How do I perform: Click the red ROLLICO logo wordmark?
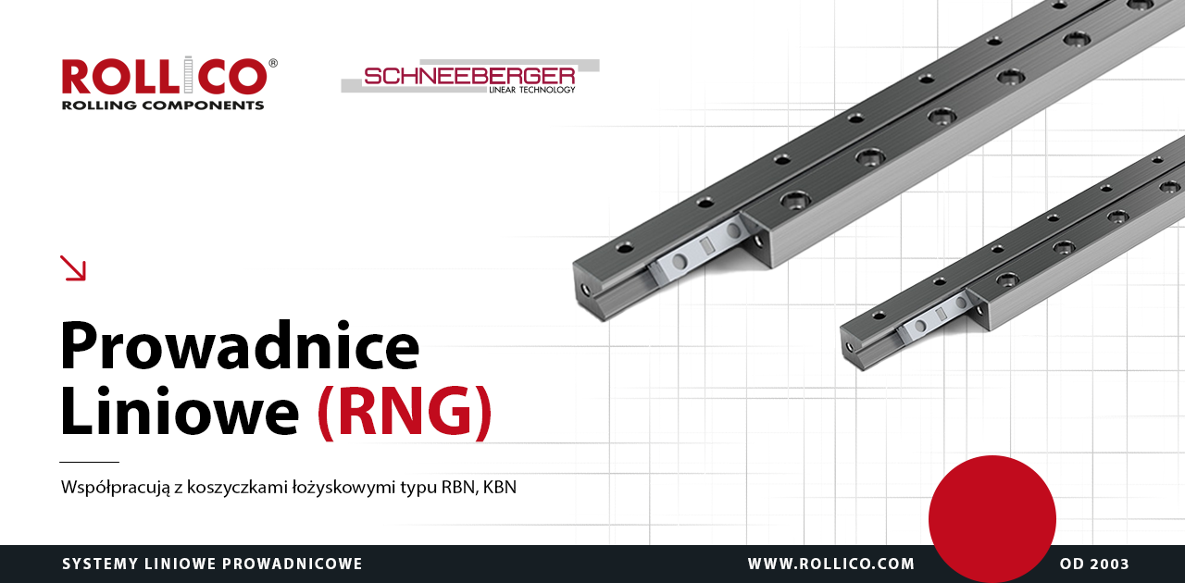[x=165, y=76]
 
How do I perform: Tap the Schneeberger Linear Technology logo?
[x=470, y=77]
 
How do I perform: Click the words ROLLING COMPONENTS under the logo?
[x=163, y=105]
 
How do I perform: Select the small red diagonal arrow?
[x=72, y=267]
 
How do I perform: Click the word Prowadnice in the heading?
[x=240, y=345]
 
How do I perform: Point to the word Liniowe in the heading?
[x=180, y=411]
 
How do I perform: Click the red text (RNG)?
[x=405, y=412]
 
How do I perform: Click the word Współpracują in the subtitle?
[x=116, y=488]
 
